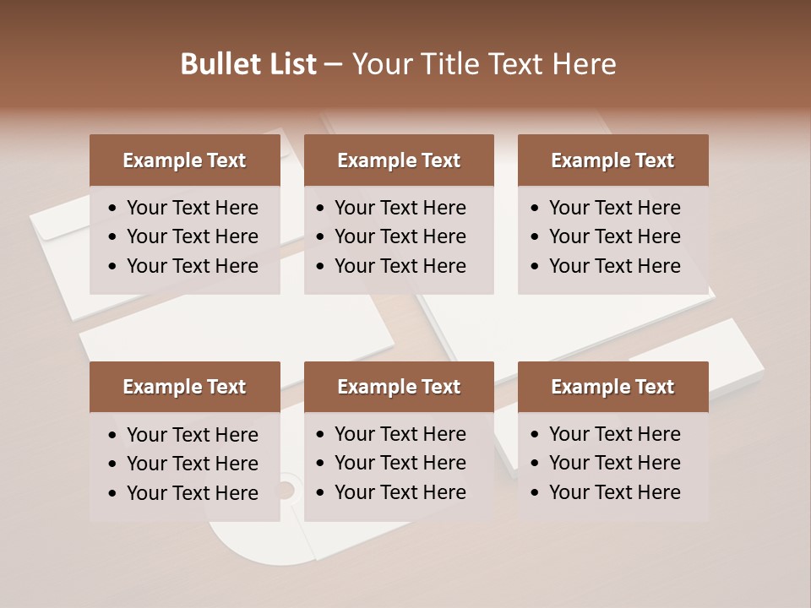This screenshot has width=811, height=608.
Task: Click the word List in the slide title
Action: pyautogui.click(x=291, y=64)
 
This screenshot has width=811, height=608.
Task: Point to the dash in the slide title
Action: pyautogui.click(x=333, y=65)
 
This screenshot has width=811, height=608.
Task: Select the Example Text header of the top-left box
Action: pyautogui.click(x=184, y=160)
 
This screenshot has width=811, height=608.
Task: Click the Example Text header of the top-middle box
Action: pyautogui.click(x=399, y=160)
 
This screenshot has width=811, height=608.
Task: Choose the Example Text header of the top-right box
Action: pyautogui.click(x=612, y=160)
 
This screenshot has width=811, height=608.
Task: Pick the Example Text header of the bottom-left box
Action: pyautogui.click(x=184, y=387)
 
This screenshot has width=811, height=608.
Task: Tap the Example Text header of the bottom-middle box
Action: pyautogui.click(x=399, y=387)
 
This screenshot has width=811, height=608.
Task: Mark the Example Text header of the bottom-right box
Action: pyautogui.click(x=612, y=387)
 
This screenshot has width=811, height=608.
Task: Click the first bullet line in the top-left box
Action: pyautogui.click(x=192, y=208)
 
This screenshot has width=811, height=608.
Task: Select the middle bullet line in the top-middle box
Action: pyautogui.click(x=400, y=236)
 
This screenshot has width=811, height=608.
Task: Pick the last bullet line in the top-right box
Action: pyautogui.click(x=614, y=266)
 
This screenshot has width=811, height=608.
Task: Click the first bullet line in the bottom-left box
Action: pyautogui.click(x=192, y=435)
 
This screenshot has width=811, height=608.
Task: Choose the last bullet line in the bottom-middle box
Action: pyautogui.click(x=400, y=492)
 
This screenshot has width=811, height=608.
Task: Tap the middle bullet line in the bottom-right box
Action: pyautogui.click(x=614, y=463)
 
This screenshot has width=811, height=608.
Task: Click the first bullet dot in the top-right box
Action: pyautogui.click(x=535, y=209)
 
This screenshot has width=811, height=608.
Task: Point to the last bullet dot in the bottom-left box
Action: pyautogui.click(x=113, y=493)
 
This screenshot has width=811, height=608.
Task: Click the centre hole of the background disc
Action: pyautogui.click(x=285, y=490)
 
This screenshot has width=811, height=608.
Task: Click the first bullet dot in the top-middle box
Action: pyautogui.click(x=320, y=209)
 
